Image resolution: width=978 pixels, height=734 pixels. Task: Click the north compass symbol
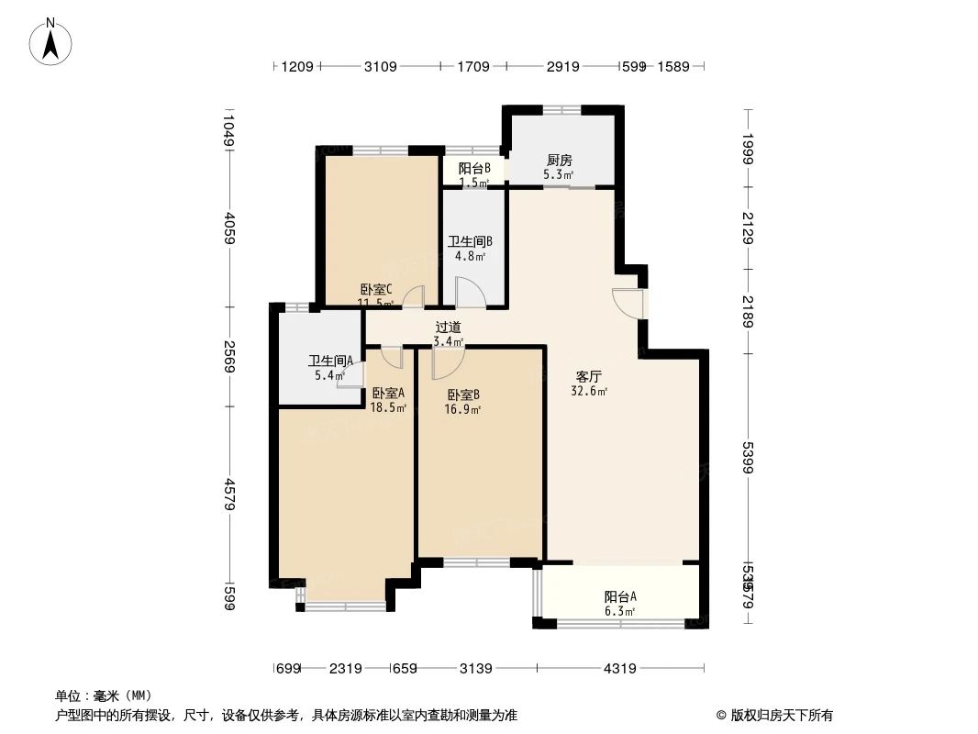(51, 41)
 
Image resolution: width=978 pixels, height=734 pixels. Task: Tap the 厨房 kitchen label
(557, 161)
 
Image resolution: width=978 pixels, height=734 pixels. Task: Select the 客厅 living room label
(588, 376)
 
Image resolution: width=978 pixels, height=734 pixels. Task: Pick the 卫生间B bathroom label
(470, 242)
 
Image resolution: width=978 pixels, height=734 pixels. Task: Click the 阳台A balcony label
(620, 596)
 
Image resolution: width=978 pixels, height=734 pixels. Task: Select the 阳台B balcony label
(474, 168)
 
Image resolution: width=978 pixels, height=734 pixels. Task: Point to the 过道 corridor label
(448, 327)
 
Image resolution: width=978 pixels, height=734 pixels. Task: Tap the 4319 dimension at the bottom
(620, 668)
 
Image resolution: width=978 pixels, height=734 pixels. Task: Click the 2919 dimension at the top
(562, 66)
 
